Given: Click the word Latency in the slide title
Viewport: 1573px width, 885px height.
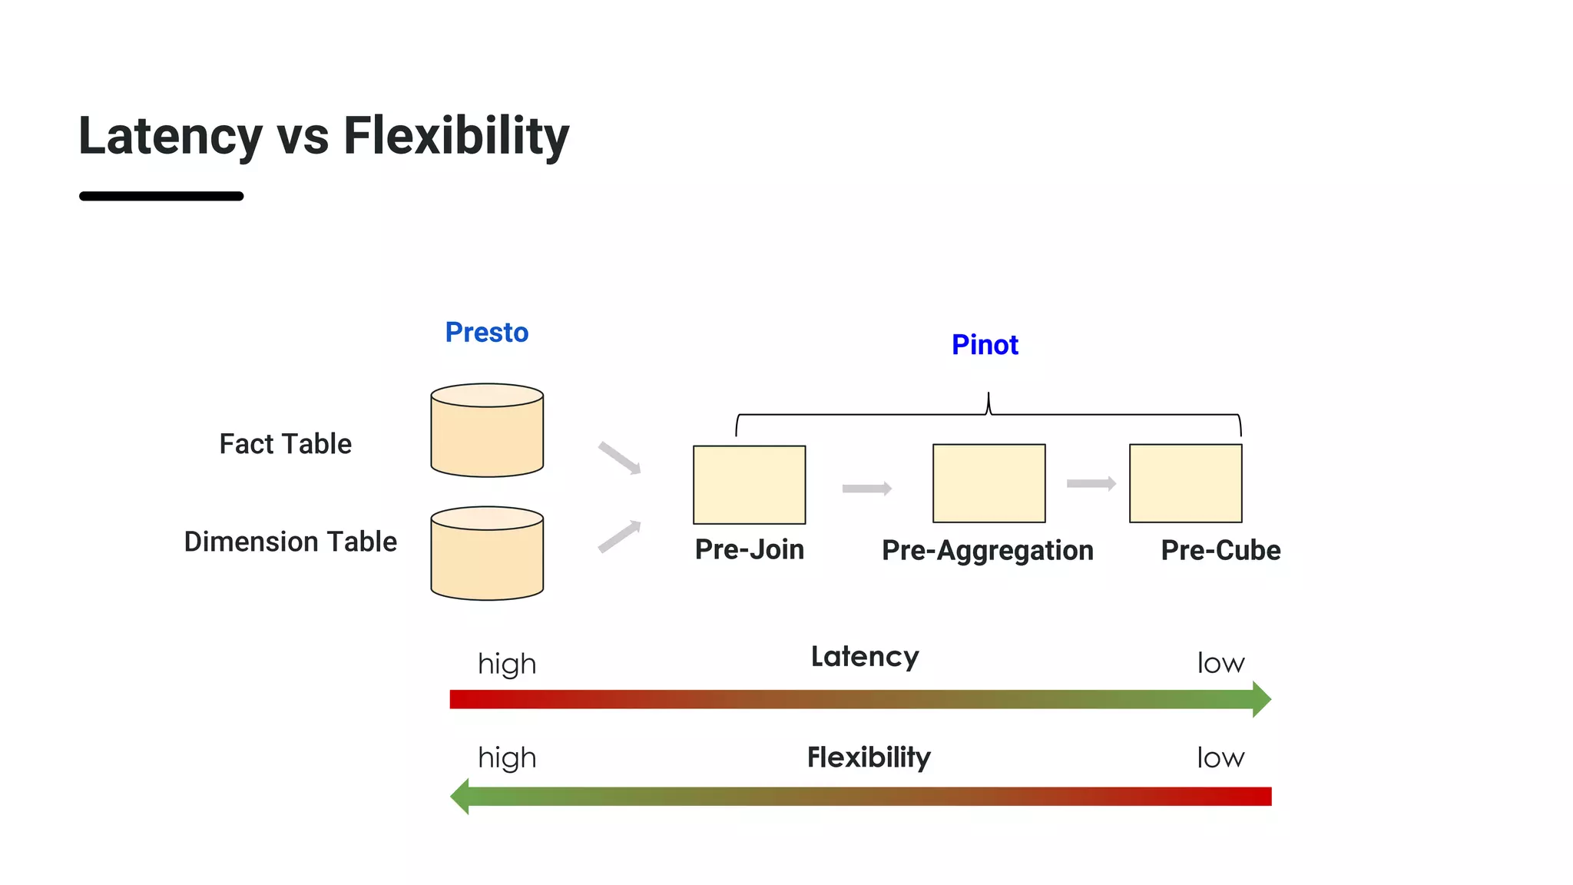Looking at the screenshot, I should (x=171, y=136).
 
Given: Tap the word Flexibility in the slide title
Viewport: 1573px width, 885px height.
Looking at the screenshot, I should (x=456, y=136).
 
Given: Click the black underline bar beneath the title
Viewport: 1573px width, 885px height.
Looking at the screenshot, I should (x=161, y=197).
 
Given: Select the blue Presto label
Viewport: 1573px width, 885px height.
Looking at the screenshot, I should (x=487, y=333).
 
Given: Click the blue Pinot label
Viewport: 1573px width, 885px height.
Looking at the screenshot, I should (x=985, y=345).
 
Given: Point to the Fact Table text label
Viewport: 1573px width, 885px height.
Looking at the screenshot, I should (x=285, y=444).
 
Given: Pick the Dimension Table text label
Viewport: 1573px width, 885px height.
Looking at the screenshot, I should (x=290, y=542).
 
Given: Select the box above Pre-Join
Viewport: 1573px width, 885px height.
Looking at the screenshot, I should (x=749, y=485).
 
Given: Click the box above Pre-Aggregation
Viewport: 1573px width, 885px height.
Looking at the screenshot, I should (x=989, y=483).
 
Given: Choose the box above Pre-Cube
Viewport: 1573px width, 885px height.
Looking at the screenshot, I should (x=1185, y=483).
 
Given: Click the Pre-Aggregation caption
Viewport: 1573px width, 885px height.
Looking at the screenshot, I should (x=987, y=550).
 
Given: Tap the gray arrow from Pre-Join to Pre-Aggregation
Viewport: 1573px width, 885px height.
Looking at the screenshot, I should (x=866, y=489).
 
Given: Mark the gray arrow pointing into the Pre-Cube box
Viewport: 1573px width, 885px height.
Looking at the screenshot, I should (x=1091, y=483).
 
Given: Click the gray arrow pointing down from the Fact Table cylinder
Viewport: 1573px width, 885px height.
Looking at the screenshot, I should (x=619, y=458).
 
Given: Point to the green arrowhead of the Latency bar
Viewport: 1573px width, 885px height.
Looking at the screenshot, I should (x=1261, y=699).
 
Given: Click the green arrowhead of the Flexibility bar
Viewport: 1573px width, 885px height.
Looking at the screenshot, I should (x=460, y=796).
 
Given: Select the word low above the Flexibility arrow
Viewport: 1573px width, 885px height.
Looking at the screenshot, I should (x=1220, y=758).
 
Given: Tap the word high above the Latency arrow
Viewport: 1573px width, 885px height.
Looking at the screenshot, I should (x=507, y=664).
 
